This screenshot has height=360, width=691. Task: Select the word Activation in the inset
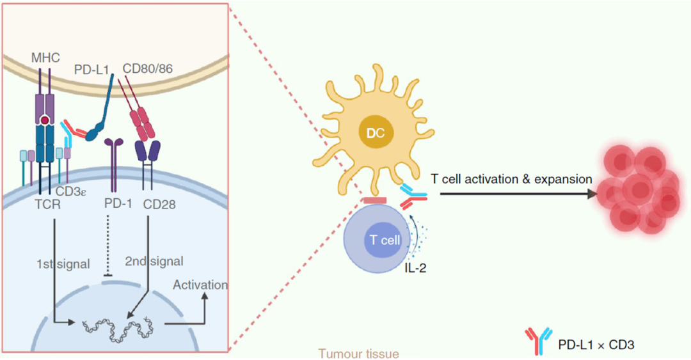point(200,285)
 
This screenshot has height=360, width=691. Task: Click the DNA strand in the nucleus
point(121,328)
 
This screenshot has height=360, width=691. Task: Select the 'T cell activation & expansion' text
point(511,179)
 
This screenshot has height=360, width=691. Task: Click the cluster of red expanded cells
point(638,189)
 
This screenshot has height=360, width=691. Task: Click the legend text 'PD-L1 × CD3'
point(596,345)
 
